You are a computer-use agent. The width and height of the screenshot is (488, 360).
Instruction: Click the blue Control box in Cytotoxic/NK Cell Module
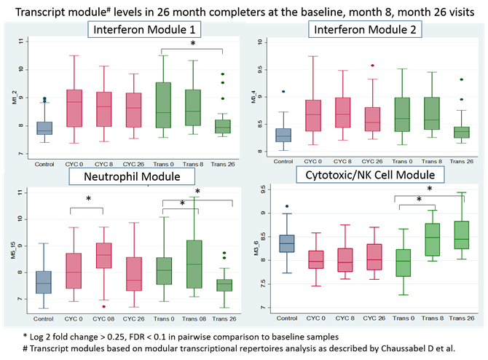pos(288,243)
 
